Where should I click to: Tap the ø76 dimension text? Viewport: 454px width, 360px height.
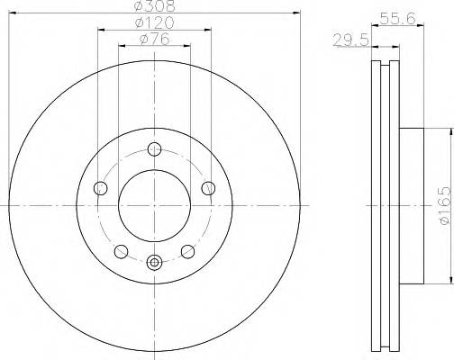coord(154,38)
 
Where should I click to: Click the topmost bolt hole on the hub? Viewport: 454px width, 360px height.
coord(154,148)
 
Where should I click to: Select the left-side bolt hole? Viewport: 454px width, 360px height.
coord(100,188)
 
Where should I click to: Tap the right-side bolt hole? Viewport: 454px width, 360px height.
coord(208,187)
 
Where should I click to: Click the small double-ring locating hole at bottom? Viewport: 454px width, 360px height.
coord(154,263)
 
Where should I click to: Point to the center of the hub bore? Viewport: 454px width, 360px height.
coord(154,205)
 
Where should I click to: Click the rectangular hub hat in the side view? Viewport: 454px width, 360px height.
coord(411,205)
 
